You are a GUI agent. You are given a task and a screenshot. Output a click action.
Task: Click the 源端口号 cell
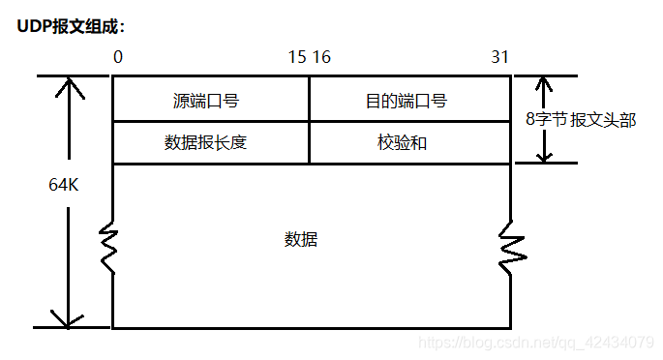tap(210, 100)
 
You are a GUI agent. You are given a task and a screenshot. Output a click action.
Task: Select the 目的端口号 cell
tap(410, 100)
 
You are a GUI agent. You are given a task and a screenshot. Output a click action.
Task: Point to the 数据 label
tap(301, 239)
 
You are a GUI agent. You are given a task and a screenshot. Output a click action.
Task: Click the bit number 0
tap(118, 57)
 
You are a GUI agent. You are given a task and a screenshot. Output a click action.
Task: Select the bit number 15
tap(297, 57)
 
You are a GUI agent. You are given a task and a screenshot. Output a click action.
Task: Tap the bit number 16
tap(321, 57)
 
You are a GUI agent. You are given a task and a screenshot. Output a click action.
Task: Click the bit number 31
tap(500, 57)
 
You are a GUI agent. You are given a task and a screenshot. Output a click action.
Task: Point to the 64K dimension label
tap(64, 185)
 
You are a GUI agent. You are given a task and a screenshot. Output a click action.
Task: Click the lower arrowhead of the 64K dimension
tap(69, 318)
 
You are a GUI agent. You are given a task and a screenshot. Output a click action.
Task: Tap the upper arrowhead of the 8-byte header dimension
tap(544, 85)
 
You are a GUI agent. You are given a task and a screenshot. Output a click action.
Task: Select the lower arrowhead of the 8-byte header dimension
tap(544, 154)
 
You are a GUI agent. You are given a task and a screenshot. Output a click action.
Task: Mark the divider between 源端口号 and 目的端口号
tap(310, 99)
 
